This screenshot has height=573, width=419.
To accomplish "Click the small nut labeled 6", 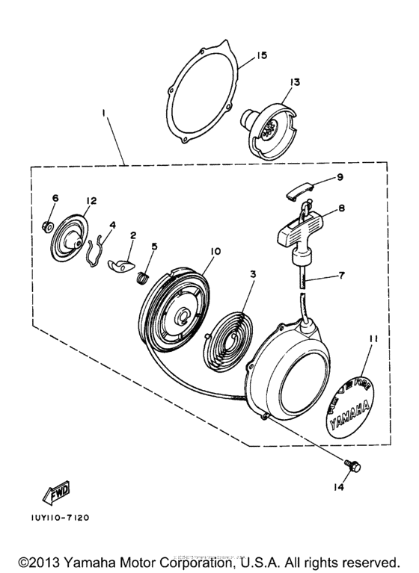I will click(x=46, y=224).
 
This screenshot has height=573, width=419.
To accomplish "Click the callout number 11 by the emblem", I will click(x=373, y=338).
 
